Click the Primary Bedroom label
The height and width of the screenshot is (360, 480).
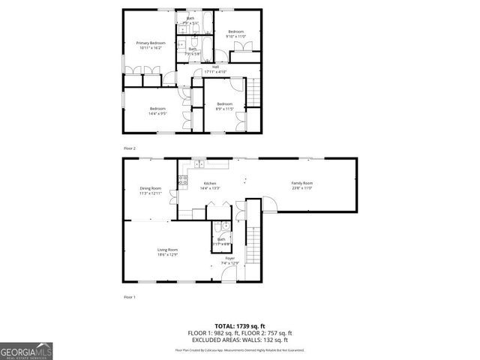pos(150,43)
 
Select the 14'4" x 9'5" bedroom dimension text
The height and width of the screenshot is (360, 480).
pos(157,114)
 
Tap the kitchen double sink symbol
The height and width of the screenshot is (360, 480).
pos(199,163)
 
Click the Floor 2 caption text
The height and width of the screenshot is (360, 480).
pos(130,148)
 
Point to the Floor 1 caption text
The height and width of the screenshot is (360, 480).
pos(130,298)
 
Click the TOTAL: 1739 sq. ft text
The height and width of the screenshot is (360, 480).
pos(240,325)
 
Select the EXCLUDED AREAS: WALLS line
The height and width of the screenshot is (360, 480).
pos(240,340)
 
